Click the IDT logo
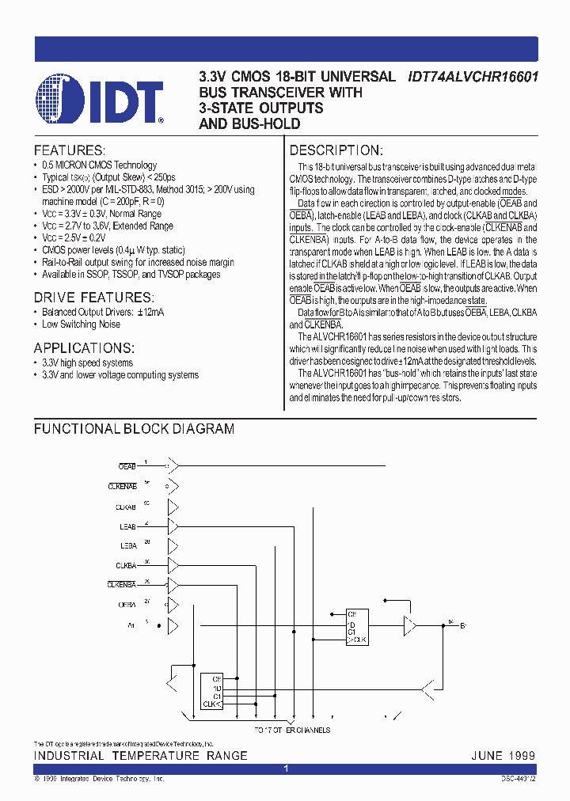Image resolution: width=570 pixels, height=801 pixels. tap(99, 101)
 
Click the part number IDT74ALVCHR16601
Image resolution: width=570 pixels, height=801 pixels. tap(473, 78)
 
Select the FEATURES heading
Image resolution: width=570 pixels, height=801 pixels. tap(69, 150)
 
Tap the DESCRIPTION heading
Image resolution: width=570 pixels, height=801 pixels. tap(336, 150)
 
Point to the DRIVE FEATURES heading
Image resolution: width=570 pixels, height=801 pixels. tap(93, 298)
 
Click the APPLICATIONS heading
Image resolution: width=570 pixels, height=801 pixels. tap(84, 348)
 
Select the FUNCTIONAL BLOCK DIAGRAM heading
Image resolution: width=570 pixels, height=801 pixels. tap(134, 429)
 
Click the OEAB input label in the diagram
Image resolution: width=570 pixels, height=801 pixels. tap(127, 467)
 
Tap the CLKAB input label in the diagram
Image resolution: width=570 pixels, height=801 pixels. tap(126, 507)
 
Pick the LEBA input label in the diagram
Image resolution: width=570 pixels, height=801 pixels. tap(127, 546)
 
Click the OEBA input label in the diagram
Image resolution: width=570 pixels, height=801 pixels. tap(127, 605)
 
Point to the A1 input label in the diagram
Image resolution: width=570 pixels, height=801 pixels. tap(131, 625)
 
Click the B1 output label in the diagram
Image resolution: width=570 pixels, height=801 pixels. tap(463, 625)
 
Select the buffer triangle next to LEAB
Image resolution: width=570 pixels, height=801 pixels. tap(174, 526)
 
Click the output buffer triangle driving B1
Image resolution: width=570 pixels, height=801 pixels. tap(408, 625)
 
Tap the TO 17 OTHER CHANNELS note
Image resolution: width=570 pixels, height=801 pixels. tap(292, 730)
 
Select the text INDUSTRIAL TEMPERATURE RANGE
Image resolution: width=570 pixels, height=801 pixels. tap(140, 756)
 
